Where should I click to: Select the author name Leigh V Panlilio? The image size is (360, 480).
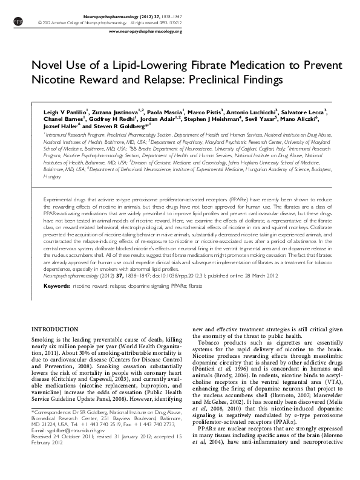[x=65, y=112]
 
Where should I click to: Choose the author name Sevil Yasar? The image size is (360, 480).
[x=233, y=120]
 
